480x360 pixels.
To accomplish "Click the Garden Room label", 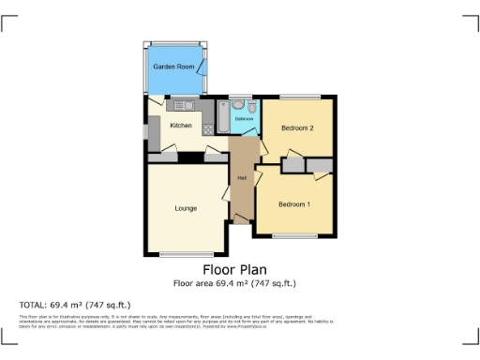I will (x=174, y=67).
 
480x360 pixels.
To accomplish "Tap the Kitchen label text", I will (x=181, y=126).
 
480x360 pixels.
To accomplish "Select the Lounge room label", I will (x=185, y=207).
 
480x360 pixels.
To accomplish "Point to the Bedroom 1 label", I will (x=294, y=203).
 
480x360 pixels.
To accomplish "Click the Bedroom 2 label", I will (x=297, y=128).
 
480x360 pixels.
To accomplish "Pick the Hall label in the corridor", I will (x=242, y=178).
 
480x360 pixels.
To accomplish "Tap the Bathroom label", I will (x=244, y=120).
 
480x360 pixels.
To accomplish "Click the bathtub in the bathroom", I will (x=222, y=115).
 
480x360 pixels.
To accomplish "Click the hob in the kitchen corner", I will (x=207, y=130).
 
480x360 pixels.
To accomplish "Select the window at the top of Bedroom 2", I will (x=298, y=97).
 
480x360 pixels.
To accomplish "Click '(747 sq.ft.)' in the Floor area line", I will (x=273, y=282).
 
